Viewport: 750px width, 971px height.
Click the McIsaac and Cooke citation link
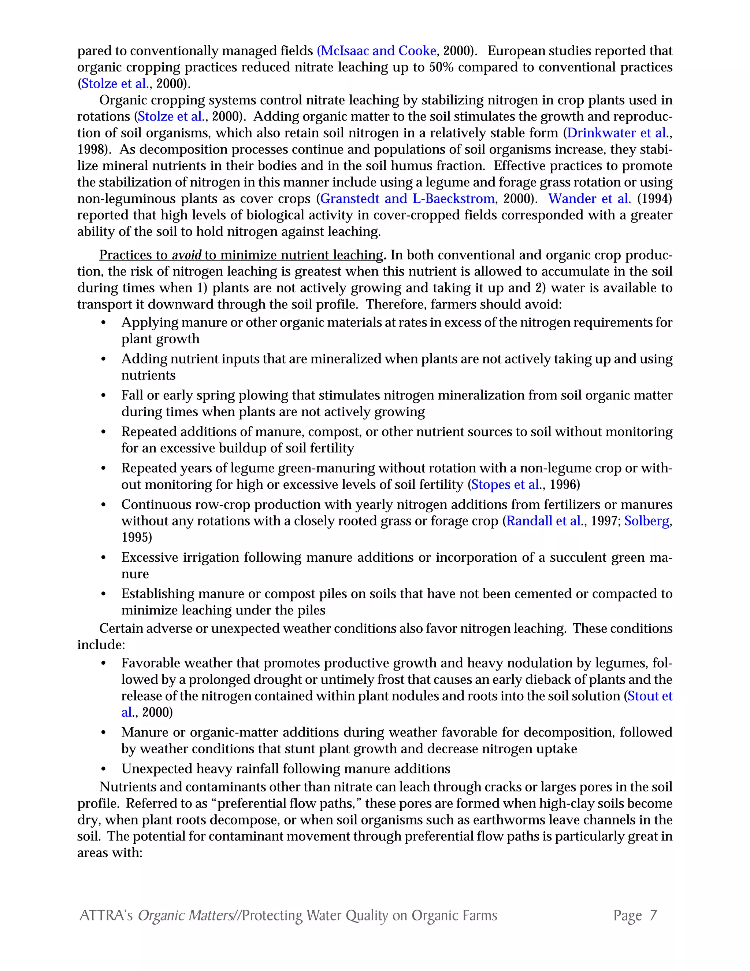(377, 51)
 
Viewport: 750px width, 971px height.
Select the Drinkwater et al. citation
(617, 133)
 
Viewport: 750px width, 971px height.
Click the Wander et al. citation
(589, 199)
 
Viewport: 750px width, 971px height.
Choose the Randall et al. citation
(544, 521)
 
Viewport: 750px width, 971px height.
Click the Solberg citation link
(646, 521)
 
